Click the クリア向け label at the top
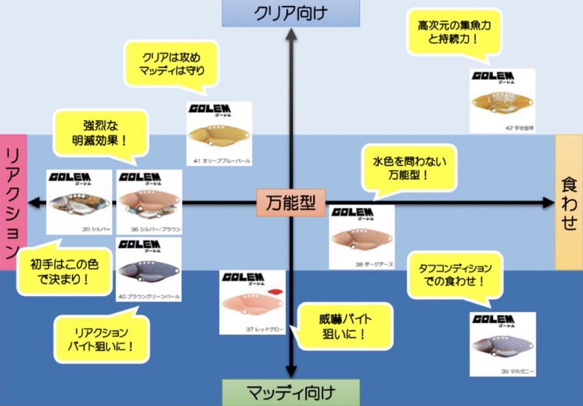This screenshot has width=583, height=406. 291,12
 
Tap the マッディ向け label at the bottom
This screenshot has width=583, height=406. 291,392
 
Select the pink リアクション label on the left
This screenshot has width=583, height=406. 13,203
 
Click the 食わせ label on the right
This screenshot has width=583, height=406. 569,203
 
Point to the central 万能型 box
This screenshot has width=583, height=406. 291,203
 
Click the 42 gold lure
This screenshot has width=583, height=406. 501,102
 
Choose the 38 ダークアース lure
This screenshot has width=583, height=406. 361,238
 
